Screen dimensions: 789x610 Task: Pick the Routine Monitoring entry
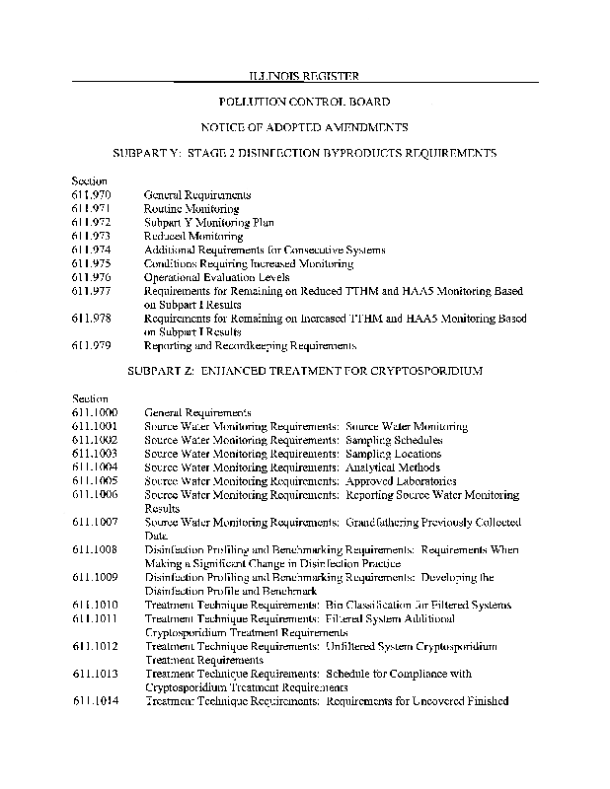[x=191, y=209]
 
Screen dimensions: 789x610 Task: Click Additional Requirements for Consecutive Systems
[x=249, y=251]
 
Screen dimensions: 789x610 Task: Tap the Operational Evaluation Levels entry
[x=213, y=278]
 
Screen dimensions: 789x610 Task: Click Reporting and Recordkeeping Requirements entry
[x=251, y=346]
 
